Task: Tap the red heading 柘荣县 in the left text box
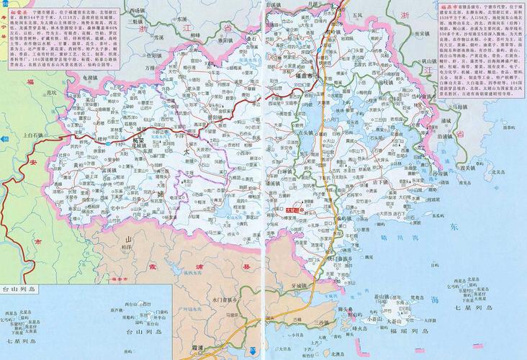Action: pos(17,13)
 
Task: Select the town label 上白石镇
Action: pos(33,135)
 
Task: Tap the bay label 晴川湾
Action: pos(393,237)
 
